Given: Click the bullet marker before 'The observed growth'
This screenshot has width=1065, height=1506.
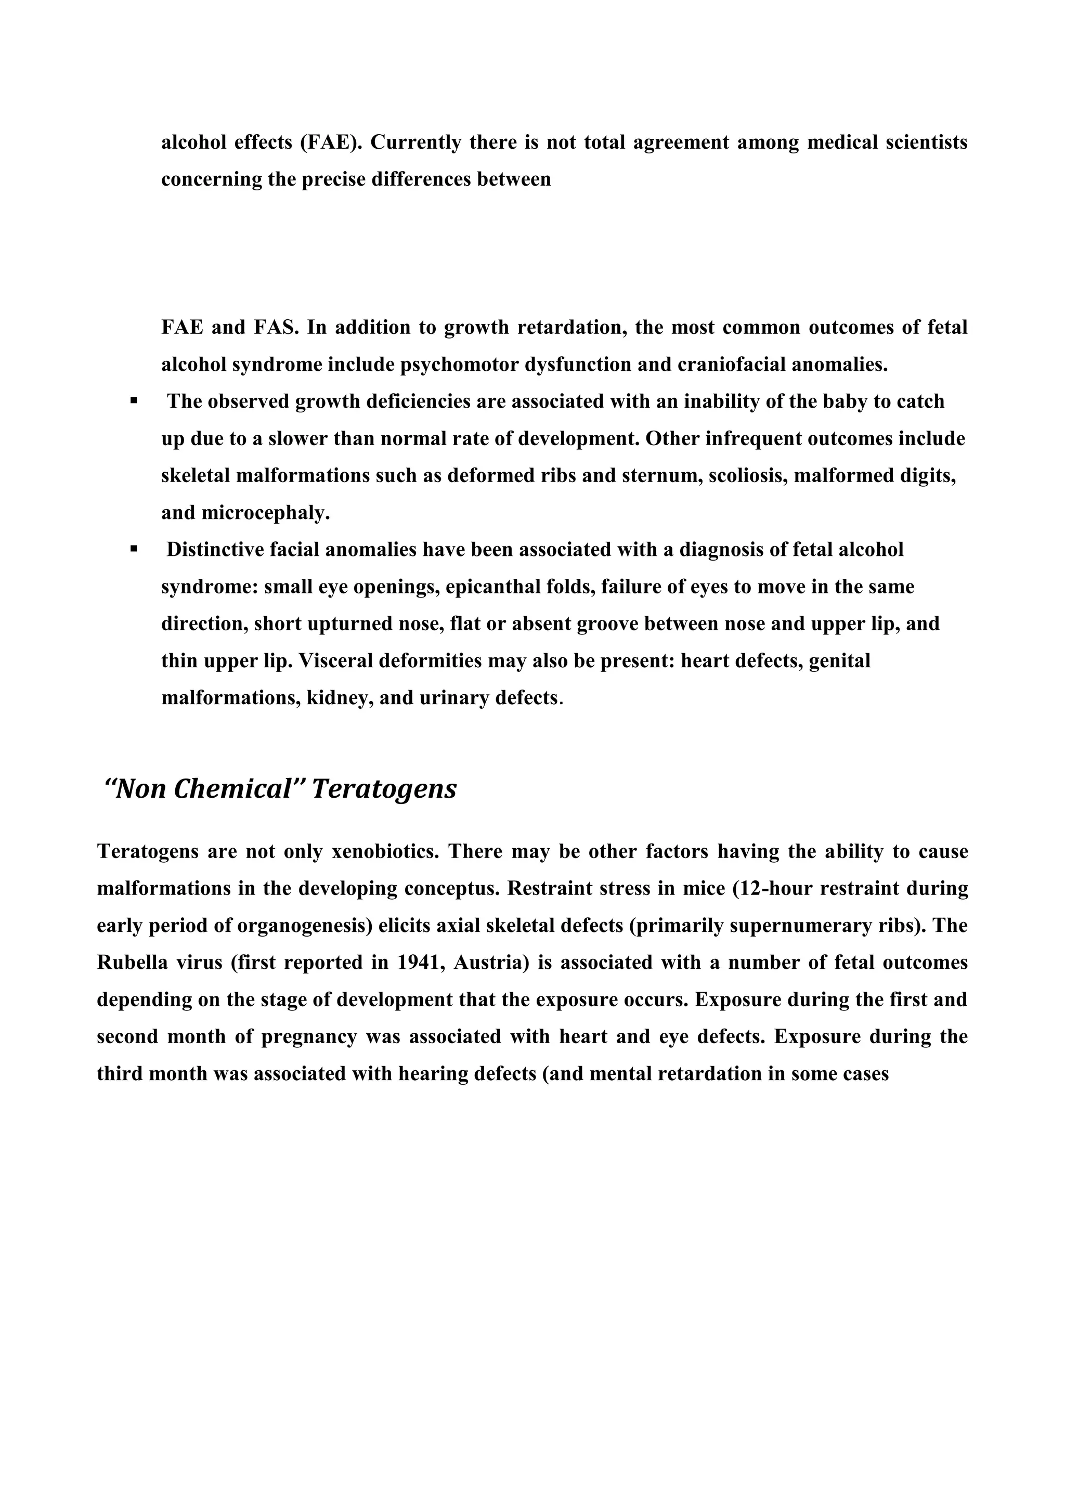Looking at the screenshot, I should click(x=134, y=399).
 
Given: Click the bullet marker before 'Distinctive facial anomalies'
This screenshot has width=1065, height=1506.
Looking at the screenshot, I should click(x=134, y=548).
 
